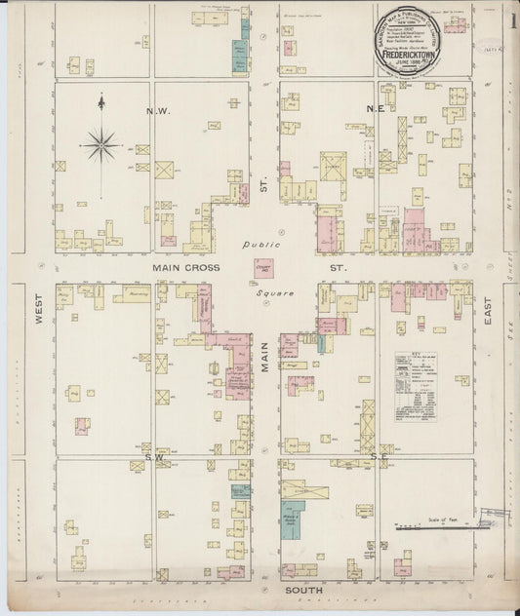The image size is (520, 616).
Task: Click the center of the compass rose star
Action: [101, 146]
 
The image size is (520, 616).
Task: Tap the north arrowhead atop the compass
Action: [101, 99]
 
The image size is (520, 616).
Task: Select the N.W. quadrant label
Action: [158, 111]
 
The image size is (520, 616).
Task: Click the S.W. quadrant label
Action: [154, 456]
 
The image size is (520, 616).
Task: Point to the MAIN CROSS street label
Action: [185, 267]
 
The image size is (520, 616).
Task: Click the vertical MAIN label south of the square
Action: [265, 352]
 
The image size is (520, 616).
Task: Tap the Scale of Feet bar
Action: [439, 527]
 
